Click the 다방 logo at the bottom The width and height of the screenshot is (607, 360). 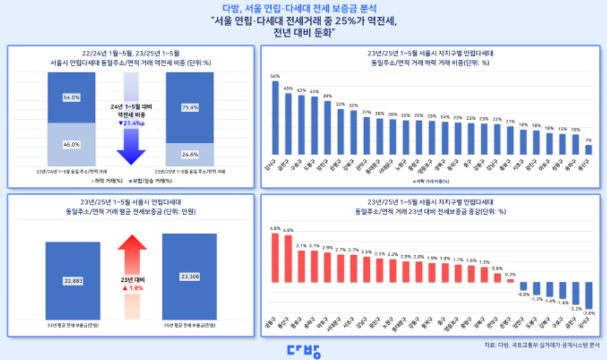pyautogui.click(x=303, y=350)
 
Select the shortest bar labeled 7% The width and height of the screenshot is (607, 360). pyautogui.click(x=588, y=149)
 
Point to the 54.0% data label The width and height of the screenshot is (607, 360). pyautogui.click(x=71, y=97)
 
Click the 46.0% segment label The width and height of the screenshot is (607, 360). pyautogui.click(x=71, y=145)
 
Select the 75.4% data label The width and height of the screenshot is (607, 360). pyautogui.click(x=190, y=107)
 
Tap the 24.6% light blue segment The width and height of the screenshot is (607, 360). pyautogui.click(x=190, y=154)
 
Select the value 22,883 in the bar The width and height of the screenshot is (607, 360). pyautogui.click(x=72, y=281)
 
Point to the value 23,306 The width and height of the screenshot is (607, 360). pyautogui.click(x=190, y=276)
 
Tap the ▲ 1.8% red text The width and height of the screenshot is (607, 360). pyautogui.click(x=130, y=287)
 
